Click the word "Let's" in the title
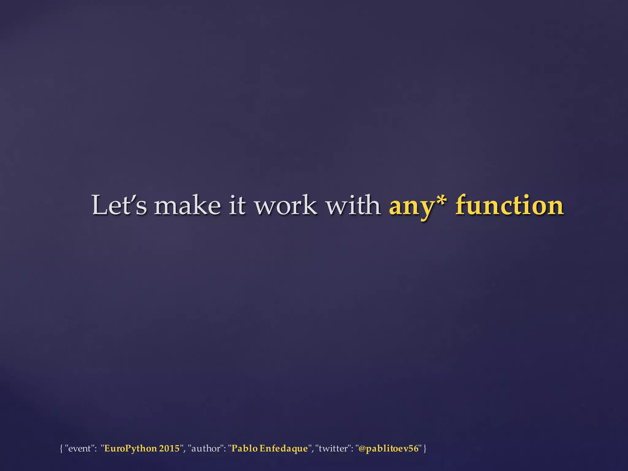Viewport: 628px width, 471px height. pos(119,205)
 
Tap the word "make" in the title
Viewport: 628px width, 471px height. pos(187,205)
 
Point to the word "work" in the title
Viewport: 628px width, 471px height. pos(286,205)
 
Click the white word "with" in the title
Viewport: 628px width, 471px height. pos(353,205)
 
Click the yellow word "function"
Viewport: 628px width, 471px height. pos(509,205)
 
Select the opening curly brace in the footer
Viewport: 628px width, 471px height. pos(61,449)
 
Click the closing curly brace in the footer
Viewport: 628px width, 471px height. pos(425,449)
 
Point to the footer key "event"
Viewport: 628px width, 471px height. pos(79,449)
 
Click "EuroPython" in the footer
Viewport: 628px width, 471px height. pos(130,449)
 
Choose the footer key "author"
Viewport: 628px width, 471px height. pos(206,449)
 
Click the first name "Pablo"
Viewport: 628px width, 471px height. pos(244,448)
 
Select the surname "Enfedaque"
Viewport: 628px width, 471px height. pos(284,449)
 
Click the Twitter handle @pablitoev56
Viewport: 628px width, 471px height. pos(388,449)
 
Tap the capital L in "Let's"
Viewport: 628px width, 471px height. pos(100,205)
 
